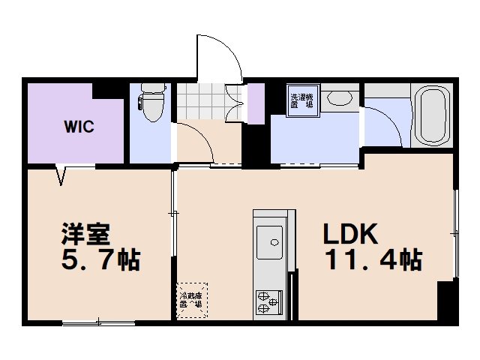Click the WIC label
(78, 126)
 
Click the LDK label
(349, 234)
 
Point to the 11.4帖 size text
(372, 260)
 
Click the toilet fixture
(153, 104)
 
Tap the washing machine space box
(304, 100)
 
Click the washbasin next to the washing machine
(342, 98)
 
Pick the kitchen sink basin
(269, 242)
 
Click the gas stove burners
(268, 301)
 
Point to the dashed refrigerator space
(190, 300)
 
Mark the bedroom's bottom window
(97, 323)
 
